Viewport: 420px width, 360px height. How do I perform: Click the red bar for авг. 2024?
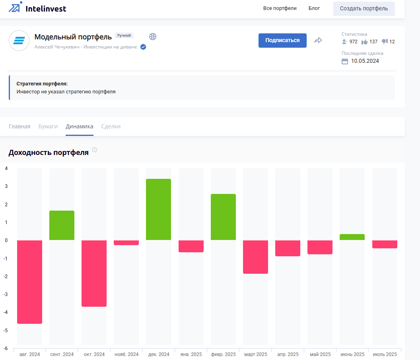click(x=29, y=282)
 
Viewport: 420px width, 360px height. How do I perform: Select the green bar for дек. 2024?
click(x=159, y=209)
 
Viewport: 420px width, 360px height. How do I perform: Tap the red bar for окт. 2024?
click(x=94, y=273)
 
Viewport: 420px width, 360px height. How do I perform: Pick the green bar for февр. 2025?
click(x=223, y=217)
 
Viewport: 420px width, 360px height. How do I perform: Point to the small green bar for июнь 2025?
click(x=352, y=237)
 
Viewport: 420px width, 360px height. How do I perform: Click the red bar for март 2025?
click(x=255, y=257)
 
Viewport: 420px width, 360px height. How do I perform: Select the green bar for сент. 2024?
click(x=62, y=225)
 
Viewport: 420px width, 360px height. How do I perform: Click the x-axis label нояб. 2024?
click(x=126, y=354)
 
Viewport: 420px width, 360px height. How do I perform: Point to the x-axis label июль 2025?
click(x=385, y=354)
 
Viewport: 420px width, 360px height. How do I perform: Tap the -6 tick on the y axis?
click(x=6, y=348)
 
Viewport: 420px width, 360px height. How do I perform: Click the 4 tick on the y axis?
click(x=6, y=168)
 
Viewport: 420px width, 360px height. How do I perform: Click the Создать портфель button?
click(x=364, y=8)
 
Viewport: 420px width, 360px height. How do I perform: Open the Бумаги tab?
click(x=48, y=126)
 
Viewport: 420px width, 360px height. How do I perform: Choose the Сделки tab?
click(x=111, y=126)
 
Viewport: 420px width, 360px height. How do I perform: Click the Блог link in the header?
click(x=314, y=8)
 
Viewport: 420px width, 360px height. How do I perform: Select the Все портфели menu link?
click(x=280, y=8)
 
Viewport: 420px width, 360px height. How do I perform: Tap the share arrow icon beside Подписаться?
click(x=318, y=41)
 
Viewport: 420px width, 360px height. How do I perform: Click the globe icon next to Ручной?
click(x=153, y=37)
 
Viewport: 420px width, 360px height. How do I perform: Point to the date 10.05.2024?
click(x=365, y=61)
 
